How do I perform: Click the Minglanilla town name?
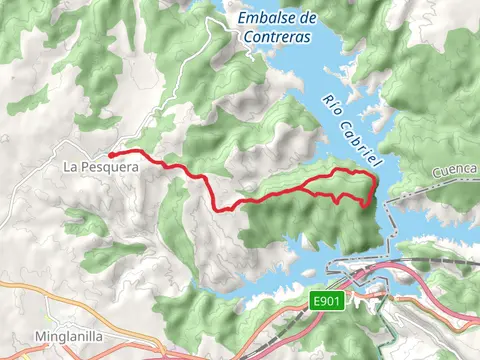(68, 338)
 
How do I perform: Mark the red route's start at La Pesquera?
(110, 154)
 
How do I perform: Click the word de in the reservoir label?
(309, 18)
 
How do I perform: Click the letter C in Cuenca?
(436, 178)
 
